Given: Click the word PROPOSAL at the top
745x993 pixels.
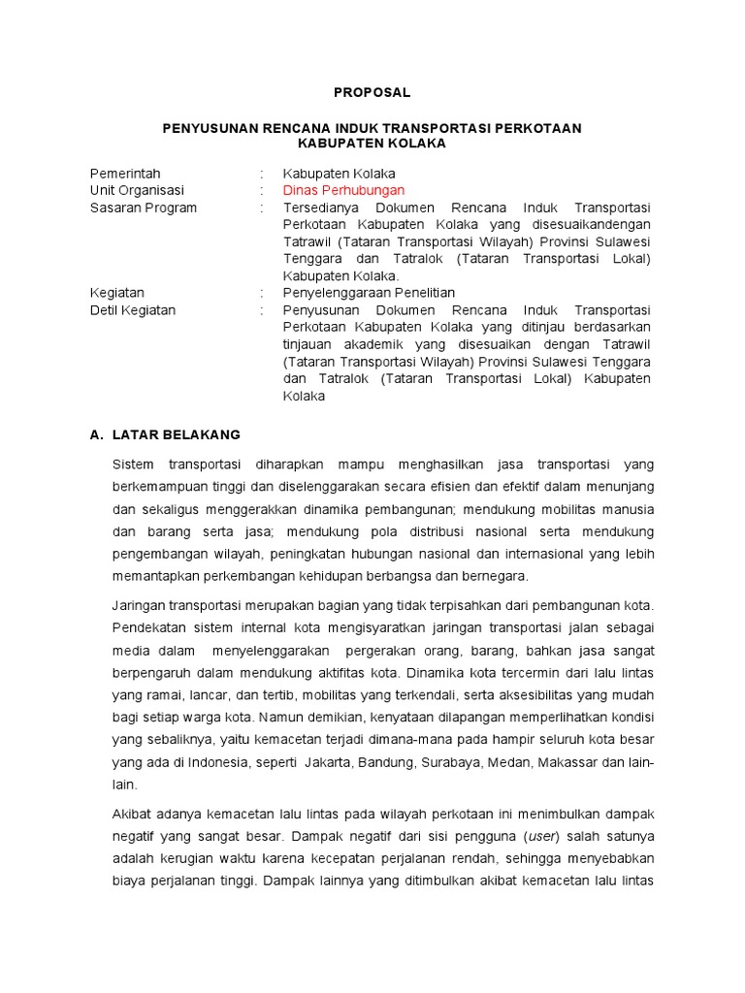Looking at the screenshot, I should (372, 92).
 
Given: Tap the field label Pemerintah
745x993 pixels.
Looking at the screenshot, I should (125, 174).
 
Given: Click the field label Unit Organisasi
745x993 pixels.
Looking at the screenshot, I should (137, 190).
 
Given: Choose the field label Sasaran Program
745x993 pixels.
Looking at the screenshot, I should (144, 208).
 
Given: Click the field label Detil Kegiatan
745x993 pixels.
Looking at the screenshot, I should (133, 310).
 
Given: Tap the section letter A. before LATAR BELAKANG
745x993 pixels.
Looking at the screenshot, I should (96, 434).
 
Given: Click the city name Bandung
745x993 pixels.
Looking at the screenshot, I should (387, 763).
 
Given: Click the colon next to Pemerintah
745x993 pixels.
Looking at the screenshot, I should (263, 174).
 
